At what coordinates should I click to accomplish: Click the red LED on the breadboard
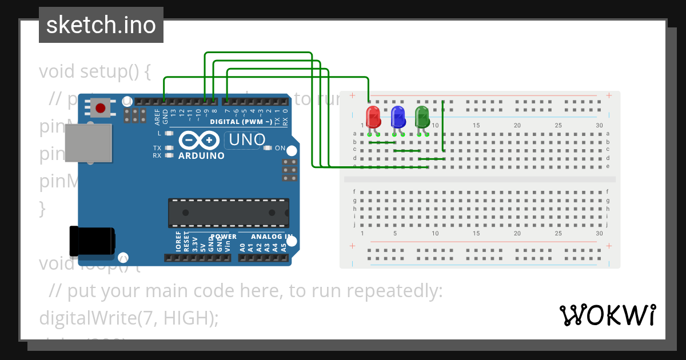[373, 118]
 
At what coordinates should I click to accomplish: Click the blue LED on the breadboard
[398, 117]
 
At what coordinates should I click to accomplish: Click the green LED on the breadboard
[422, 117]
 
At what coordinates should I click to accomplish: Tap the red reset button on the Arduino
[101, 107]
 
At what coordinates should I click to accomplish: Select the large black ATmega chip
[228, 212]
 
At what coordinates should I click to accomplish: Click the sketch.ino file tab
[101, 25]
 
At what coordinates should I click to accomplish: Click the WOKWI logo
[607, 315]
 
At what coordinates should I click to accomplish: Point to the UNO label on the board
[246, 139]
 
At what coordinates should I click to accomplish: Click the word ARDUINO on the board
[201, 155]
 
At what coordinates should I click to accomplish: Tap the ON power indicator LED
[268, 148]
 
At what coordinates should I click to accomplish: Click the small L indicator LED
[169, 133]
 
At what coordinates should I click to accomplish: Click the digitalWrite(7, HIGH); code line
[129, 318]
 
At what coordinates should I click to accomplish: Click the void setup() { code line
[94, 71]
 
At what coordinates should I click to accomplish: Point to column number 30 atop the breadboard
[599, 125]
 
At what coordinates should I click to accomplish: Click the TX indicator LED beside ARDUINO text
[169, 148]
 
